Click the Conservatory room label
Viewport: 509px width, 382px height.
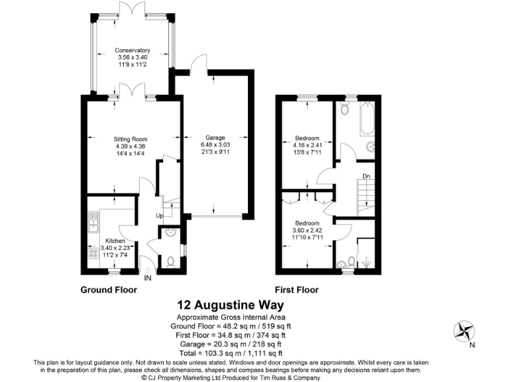(132, 50)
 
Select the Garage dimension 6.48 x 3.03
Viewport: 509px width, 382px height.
(214, 145)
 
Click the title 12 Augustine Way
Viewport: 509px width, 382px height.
(230, 305)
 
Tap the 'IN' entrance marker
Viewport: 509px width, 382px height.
(148, 279)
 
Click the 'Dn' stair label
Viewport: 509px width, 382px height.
(366, 176)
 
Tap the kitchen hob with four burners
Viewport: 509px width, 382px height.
(92, 254)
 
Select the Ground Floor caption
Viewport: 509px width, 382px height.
(109, 290)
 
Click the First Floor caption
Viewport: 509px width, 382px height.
(297, 290)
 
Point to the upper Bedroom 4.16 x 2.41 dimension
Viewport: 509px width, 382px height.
(307, 146)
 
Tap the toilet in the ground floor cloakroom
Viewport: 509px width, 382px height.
(170, 261)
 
